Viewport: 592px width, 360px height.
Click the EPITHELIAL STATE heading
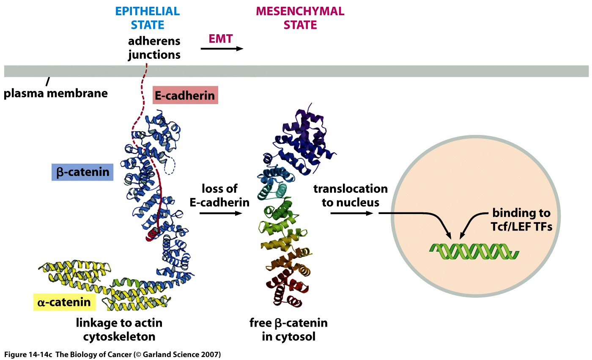tap(148, 18)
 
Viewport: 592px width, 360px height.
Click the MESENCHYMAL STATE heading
tap(300, 18)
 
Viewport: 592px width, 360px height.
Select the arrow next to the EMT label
tap(222, 49)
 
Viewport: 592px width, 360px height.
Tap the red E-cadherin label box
tap(184, 96)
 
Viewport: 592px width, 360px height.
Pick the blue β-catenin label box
tap(82, 172)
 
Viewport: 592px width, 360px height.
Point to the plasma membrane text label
tap(55, 93)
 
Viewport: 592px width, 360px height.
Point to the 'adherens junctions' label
tap(154, 48)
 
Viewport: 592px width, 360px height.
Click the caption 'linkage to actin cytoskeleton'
tap(119, 330)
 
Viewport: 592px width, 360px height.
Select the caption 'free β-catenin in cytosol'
tap(288, 330)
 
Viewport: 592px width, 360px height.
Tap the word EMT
tap(221, 38)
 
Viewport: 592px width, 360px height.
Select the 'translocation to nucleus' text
tap(350, 195)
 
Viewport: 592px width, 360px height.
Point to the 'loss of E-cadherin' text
tap(219, 195)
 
